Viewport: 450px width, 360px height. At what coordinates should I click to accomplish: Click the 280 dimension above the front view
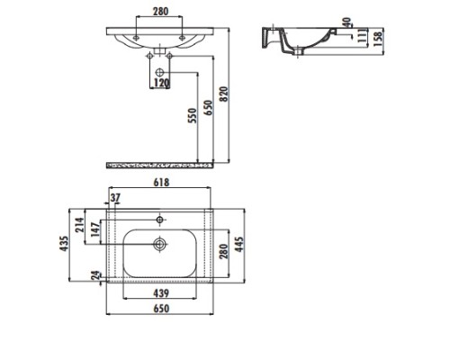(161, 12)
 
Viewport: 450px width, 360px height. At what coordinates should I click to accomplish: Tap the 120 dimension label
(161, 83)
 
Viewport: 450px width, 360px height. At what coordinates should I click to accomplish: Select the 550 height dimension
(193, 115)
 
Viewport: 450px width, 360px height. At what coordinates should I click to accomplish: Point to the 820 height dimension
(224, 94)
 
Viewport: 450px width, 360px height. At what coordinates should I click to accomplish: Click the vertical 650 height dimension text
(208, 108)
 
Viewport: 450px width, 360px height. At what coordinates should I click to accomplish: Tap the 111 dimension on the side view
(363, 36)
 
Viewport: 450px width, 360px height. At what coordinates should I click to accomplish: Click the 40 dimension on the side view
(346, 22)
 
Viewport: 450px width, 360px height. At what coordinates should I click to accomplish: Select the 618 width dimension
(161, 182)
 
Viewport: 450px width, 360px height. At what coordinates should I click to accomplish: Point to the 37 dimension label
(115, 198)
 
